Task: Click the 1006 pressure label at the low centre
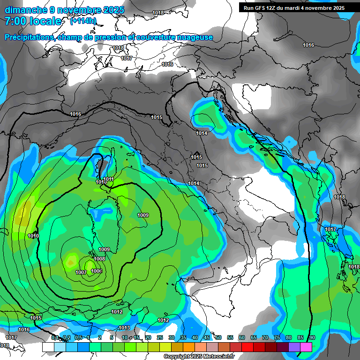click(x=97, y=271)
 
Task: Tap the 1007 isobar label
click(x=81, y=272)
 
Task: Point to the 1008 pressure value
click(x=99, y=259)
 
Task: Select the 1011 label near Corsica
click(x=109, y=179)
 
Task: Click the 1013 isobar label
click(x=124, y=328)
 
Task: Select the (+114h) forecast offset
click(x=83, y=21)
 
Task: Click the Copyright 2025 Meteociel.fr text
click(x=199, y=357)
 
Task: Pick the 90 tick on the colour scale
click(x=312, y=337)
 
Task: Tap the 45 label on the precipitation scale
click(x=207, y=337)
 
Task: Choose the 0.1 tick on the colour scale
click(x=55, y=337)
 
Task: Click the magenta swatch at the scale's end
click(x=306, y=347)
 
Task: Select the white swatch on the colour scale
click(x=48, y=347)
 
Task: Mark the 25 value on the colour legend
click(x=160, y=337)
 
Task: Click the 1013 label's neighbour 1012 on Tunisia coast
click(x=117, y=312)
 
